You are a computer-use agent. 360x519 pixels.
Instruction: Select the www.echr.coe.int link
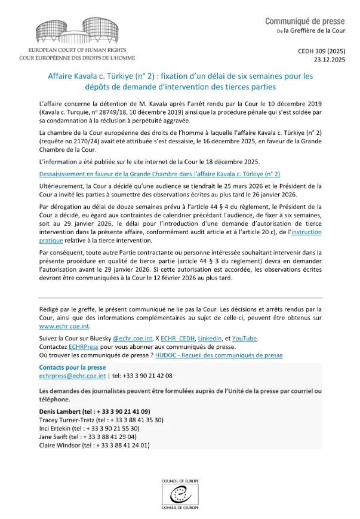click(64, 326)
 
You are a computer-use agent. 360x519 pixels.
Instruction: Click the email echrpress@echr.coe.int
click(72, 376)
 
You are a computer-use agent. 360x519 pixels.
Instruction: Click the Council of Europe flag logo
click(180, 492)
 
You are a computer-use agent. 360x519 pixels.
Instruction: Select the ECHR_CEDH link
click(178, 338)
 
